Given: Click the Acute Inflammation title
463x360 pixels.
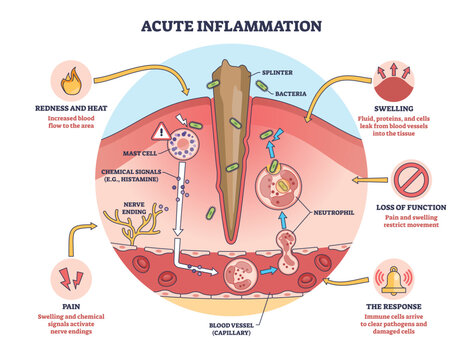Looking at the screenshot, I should click(x=231, y=25).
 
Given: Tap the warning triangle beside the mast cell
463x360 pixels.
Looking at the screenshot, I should click(x=160, y=131).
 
